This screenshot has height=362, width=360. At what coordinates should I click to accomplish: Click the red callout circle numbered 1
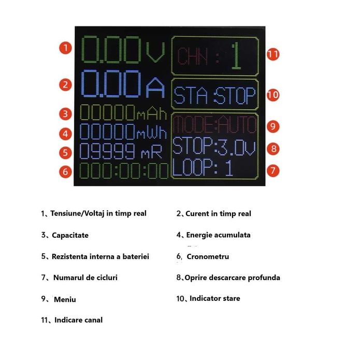65,48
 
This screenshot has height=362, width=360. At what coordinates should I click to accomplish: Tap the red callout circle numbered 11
273,54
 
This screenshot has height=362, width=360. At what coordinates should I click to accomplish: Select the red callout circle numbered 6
65,172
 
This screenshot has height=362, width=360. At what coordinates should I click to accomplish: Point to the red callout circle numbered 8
273,149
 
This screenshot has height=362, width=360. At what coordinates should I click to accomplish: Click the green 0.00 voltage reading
111,49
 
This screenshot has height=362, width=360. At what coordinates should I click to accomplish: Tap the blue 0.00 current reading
111,83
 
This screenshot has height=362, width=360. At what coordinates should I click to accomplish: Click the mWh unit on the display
152,133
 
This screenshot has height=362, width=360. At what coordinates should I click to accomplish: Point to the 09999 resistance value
107,151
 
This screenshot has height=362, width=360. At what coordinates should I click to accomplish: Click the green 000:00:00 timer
124,171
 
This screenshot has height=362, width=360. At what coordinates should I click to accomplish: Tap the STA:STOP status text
214,95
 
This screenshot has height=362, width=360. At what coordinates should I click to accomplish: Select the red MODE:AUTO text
215,124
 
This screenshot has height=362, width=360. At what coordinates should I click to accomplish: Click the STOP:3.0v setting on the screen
214,146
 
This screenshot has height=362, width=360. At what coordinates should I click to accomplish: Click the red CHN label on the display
192,56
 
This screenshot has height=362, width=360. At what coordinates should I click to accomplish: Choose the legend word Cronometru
208,256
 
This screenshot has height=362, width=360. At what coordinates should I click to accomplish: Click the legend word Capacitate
70,235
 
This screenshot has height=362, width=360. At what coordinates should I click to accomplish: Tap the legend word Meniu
65,299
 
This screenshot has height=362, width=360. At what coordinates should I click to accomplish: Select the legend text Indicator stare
215,298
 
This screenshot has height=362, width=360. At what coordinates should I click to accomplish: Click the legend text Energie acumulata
218,235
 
